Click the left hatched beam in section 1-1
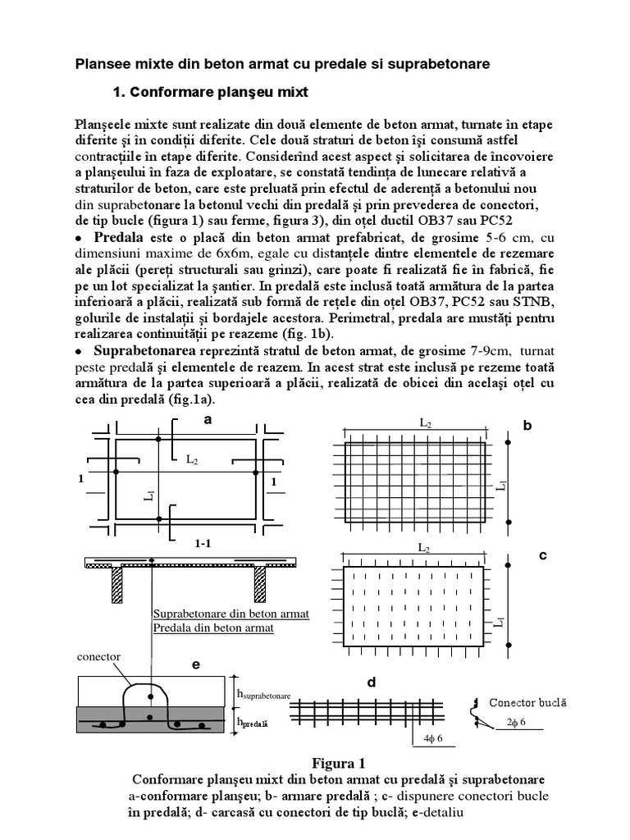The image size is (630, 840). [x=116, y=586]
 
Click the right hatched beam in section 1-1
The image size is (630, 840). [x=259, y=586]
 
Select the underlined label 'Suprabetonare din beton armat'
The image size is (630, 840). [x=231, y=614]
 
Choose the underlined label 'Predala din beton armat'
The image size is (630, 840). [x=212, y=628]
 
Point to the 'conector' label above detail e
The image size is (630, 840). [x=98, y=658]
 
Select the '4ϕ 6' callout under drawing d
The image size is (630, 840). [x=434, y=738]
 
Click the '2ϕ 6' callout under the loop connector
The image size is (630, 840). [x=518, y=722]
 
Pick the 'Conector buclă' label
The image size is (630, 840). [x=527, y=703]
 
